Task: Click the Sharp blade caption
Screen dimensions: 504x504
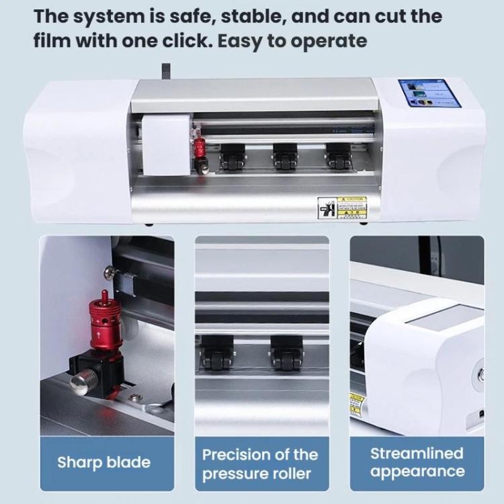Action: [103, 462]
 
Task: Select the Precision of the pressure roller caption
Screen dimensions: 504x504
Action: [261, 463]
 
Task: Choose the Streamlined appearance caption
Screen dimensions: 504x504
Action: [417, 462]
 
